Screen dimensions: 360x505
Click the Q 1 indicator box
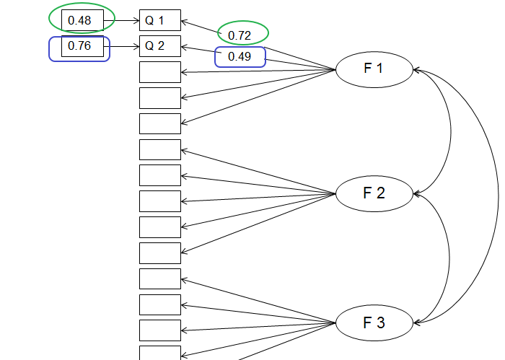[x=159, y=20]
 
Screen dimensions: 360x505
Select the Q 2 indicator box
[x=159, y=46]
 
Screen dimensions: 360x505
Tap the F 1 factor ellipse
[x=374, y=70]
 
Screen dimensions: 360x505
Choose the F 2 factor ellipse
[x=374, y=193]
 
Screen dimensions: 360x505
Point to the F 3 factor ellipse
[x=374, y=322]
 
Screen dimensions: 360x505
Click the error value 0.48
[x=80, y=20]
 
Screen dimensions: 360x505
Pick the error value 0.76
[x=80, y=47]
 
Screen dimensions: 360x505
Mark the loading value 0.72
[x=239, y=35]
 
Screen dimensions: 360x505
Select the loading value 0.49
[x=239, y=56]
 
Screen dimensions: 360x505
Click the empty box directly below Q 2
[x=159, y=72]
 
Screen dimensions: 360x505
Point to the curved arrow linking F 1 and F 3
[x=497, y=195]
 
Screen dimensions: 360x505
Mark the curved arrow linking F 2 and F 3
[x=449, y=258]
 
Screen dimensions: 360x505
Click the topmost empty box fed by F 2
[x=159, y=149]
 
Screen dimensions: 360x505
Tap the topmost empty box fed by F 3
[x=159, y=278]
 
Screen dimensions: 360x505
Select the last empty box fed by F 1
[x=159, y=123]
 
